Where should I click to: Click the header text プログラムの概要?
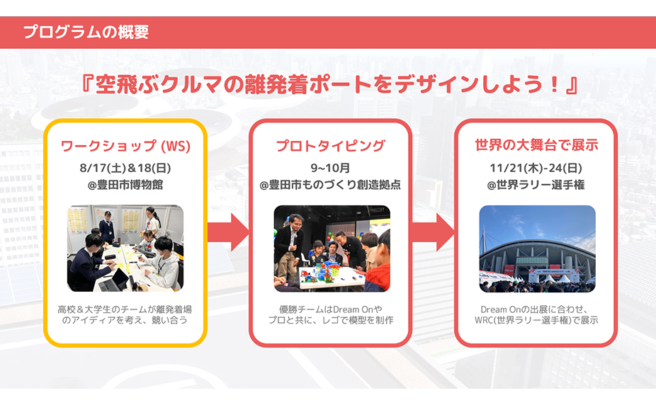(85, 33)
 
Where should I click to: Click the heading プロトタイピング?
(330, 146)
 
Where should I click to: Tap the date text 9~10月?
(330, 168)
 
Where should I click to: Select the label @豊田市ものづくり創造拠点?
(330, 185)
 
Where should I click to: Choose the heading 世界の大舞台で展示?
(536, 146)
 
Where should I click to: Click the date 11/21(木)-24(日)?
(536, 168)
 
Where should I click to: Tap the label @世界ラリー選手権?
(536, 185)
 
